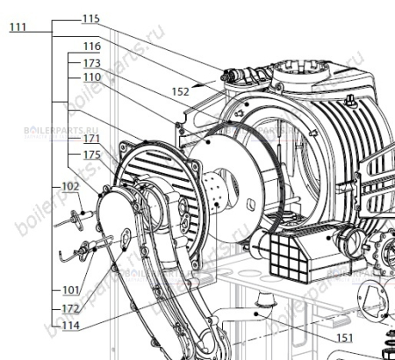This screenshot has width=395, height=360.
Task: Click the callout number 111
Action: pos(18,28)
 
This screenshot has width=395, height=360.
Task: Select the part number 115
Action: pos(90,18)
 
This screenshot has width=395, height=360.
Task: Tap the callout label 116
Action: pos(90,46)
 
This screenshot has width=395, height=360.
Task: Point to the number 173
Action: pos(90,63)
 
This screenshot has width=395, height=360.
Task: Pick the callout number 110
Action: pos(90,77)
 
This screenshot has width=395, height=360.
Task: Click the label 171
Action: pos(90,140)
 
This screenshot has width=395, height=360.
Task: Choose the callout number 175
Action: pos(90,155)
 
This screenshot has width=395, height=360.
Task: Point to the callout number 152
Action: pos(181,91)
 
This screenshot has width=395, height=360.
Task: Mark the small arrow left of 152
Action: pos(202,85)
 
